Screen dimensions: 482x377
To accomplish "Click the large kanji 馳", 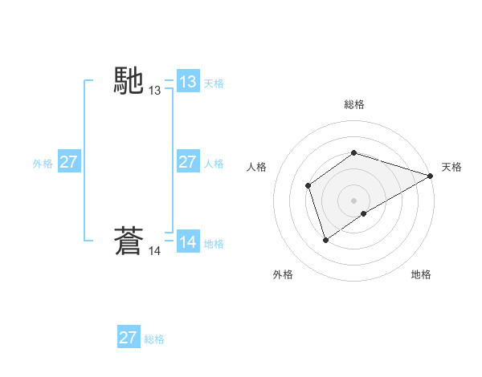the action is pos(129,80).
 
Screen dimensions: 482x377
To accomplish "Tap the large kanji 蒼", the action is pos(129,241).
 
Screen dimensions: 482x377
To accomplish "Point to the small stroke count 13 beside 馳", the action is pos(155,91).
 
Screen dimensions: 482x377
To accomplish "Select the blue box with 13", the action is pos(187,81).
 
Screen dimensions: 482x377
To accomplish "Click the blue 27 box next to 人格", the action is pos(187,162).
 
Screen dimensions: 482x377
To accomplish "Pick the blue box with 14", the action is pos(187,242).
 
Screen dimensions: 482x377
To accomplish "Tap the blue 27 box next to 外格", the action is pos(68,162).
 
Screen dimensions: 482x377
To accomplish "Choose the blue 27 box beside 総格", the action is pos(129,338).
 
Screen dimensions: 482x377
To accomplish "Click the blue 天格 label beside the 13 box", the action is pos(214,83).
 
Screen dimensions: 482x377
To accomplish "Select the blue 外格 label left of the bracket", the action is pos(43,164).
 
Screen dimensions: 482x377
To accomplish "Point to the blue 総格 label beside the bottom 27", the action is pos(154,339).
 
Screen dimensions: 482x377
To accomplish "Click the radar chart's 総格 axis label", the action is pos(353,104).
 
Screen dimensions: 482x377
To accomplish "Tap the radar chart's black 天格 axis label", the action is pos(451,167).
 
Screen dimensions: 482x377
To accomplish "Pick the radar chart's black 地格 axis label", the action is pos(421,274).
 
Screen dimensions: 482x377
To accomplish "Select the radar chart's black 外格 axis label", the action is pos(283,274).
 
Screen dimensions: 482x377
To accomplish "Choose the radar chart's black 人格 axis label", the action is pos(255,167).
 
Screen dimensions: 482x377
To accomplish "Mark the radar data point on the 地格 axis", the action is pos(364,213).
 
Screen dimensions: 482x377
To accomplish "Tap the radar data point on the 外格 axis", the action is pos(325,239).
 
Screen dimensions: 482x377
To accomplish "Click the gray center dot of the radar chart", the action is pos(353,200).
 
